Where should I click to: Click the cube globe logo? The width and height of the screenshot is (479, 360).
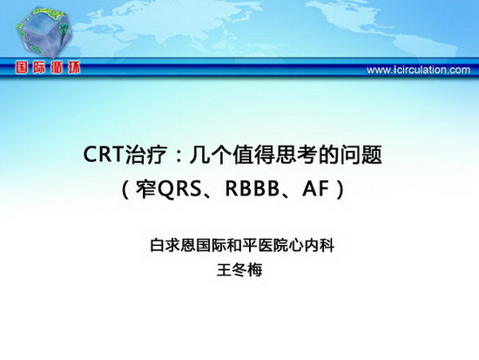[x=45, y=32]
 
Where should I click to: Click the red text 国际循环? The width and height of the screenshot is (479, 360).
[x=48, y=68]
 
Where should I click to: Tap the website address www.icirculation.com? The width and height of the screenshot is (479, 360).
[x=418, y=70]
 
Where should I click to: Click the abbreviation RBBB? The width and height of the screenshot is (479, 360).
[x=252, y=188]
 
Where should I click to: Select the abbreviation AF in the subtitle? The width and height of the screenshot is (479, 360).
[x=315, y=188]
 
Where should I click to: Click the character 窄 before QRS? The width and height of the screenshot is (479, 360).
[x=146, y=189]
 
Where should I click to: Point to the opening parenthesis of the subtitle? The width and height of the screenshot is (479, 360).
[x=125, y=189]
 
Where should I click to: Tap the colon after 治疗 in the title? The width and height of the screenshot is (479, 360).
[x=179, y=156]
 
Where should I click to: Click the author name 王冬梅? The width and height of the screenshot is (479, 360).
[x=239, y=270]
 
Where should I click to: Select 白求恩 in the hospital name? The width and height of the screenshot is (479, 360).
[x=173, y=245]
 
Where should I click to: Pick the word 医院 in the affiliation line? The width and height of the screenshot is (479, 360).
[x=273, y=245]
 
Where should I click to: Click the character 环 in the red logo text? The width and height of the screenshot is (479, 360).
[x=74, y=68]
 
